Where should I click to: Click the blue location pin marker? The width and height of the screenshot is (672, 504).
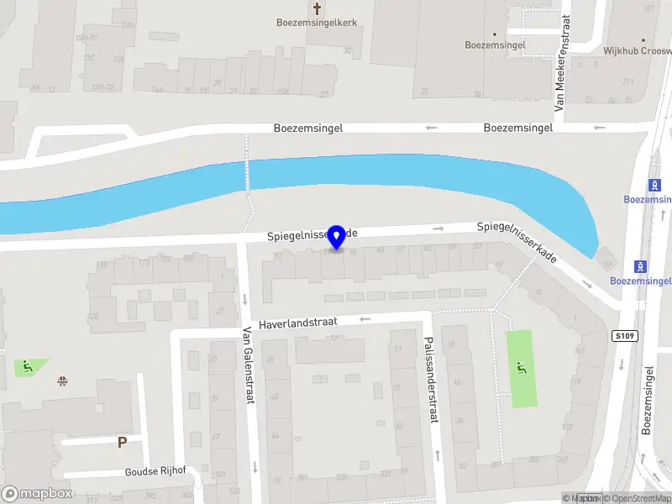(337, 237)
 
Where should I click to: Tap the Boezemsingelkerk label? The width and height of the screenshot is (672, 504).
(318, 23)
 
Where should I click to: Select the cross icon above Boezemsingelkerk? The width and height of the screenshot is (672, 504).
(318, 8)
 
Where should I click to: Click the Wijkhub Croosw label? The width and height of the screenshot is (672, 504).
(637, 50)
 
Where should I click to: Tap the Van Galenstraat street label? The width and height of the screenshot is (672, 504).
(248, 365)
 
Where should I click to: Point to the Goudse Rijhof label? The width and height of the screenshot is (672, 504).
(154, 472)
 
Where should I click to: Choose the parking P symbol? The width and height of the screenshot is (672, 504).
(122, 442)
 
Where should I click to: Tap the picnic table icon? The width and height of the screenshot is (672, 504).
(62, 381)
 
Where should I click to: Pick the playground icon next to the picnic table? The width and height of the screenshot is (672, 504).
(27, 365)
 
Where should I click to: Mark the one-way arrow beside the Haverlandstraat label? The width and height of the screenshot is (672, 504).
(365, 319)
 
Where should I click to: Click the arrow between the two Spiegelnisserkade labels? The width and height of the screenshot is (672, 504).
(438, 228)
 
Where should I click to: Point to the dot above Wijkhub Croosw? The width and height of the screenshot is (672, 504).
(643, 40)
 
